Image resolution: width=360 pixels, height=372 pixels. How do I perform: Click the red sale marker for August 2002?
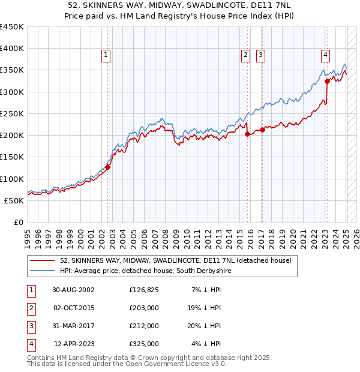[x=108, y=167]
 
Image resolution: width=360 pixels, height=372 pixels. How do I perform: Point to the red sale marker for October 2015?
[x=247, y=134]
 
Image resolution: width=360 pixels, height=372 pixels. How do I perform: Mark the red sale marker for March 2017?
[x=263, y=130]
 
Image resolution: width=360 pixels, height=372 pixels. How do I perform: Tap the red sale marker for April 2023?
[x=327, y=81]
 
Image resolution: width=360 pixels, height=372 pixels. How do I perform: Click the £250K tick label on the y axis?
[x=12, y=113]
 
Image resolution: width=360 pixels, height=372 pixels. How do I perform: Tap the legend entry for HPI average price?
[x=145, y=271]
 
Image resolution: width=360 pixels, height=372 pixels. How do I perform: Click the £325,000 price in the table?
[x=144, y=344]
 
